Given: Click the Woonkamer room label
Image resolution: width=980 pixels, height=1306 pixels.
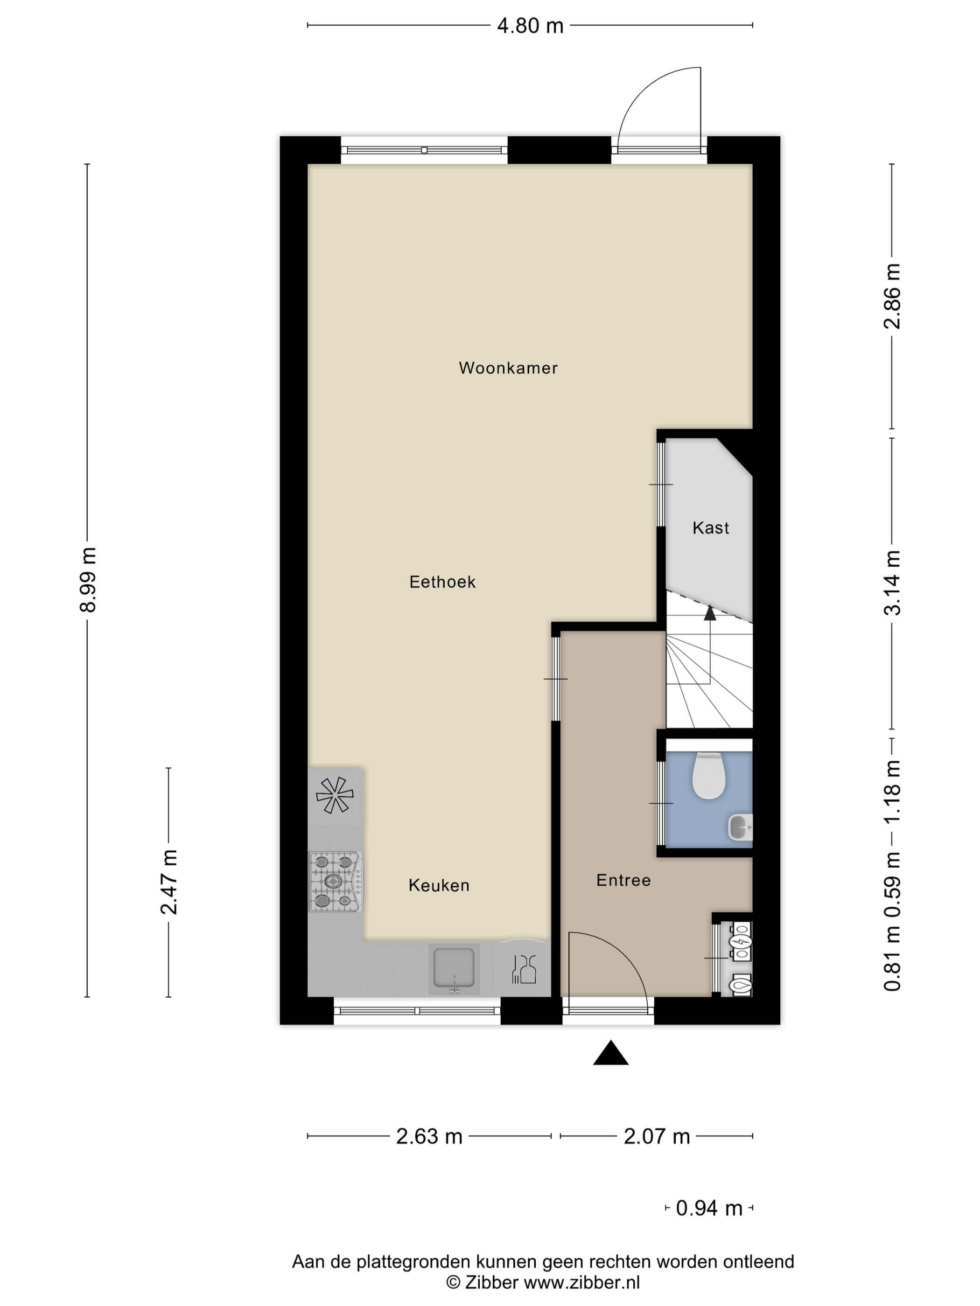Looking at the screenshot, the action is pos(508,368).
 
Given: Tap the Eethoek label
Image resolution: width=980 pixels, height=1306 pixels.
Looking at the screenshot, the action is pos(442,582).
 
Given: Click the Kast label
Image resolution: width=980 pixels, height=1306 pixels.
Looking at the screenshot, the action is pos(711,528).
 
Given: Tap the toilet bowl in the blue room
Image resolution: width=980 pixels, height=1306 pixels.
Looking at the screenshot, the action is pos(708,775).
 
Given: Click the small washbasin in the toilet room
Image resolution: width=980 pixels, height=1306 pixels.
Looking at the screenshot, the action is pos(740,827).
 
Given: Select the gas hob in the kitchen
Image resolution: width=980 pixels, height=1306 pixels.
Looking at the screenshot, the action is pos(336,882).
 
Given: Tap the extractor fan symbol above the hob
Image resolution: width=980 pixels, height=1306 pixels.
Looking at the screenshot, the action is pos(335,795).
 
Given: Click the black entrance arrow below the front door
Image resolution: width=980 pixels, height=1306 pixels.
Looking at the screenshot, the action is pos(610,1053).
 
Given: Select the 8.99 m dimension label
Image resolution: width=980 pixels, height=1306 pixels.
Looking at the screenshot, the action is pos(88,580).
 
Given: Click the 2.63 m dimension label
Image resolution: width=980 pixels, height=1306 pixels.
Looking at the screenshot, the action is pos(429,1137).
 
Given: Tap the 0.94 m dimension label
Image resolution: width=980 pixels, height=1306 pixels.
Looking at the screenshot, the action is pos(709,1209).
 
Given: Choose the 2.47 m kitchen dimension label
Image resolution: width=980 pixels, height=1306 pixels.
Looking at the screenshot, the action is pos(169,882).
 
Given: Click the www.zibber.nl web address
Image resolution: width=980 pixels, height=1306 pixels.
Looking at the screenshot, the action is pos(581,1282).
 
